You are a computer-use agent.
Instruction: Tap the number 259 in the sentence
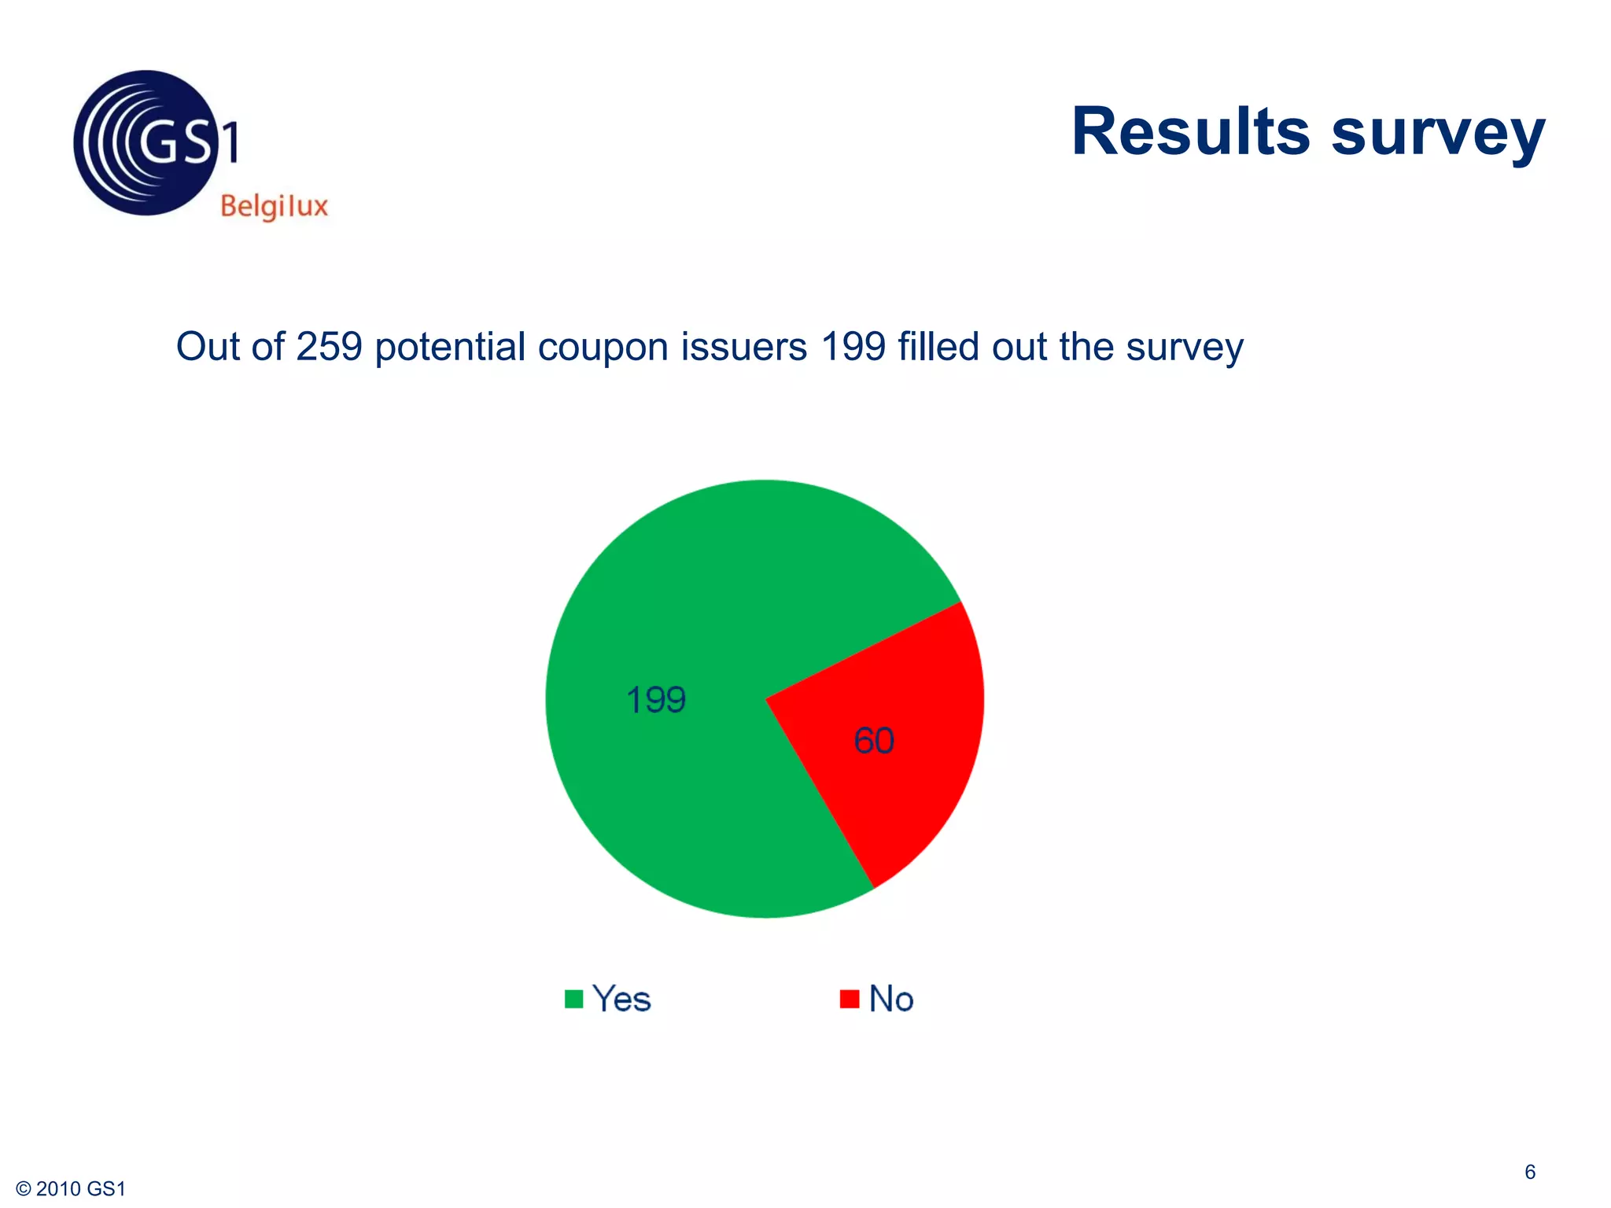click(x=329, y=347)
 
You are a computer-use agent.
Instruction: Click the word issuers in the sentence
click(x=743, y=347)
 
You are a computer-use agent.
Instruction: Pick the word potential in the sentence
click(x=450, y=347)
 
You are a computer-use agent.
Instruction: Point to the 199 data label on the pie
click(x=656, y=700)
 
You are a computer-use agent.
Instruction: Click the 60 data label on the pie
click(x=874, y=741)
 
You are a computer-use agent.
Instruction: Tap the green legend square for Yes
click(x=574, y=999)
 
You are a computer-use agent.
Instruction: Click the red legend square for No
click(x=850, y=999)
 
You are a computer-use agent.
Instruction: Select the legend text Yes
click(x=621, y=1000)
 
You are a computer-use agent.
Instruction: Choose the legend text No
click(x=891, y=1000)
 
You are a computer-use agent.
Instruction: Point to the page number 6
click(x=1530, y=1172)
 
